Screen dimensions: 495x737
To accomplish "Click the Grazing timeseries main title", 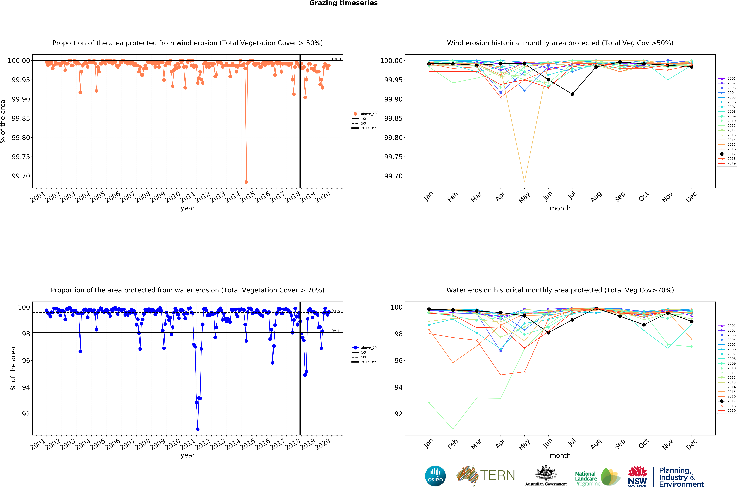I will [x=343, y=3].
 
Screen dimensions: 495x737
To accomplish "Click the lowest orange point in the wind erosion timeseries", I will [x=246, y=182].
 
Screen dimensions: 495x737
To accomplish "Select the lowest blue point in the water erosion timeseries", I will [x=198, y=429].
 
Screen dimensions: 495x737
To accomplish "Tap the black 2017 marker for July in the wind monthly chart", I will [x=572, y=94].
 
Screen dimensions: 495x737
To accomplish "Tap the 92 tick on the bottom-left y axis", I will [x=26, y=414].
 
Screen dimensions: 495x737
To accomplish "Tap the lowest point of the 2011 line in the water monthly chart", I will [x=453, y=429].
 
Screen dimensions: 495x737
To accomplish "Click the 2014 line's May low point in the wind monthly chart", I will [x=524, y=182].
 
